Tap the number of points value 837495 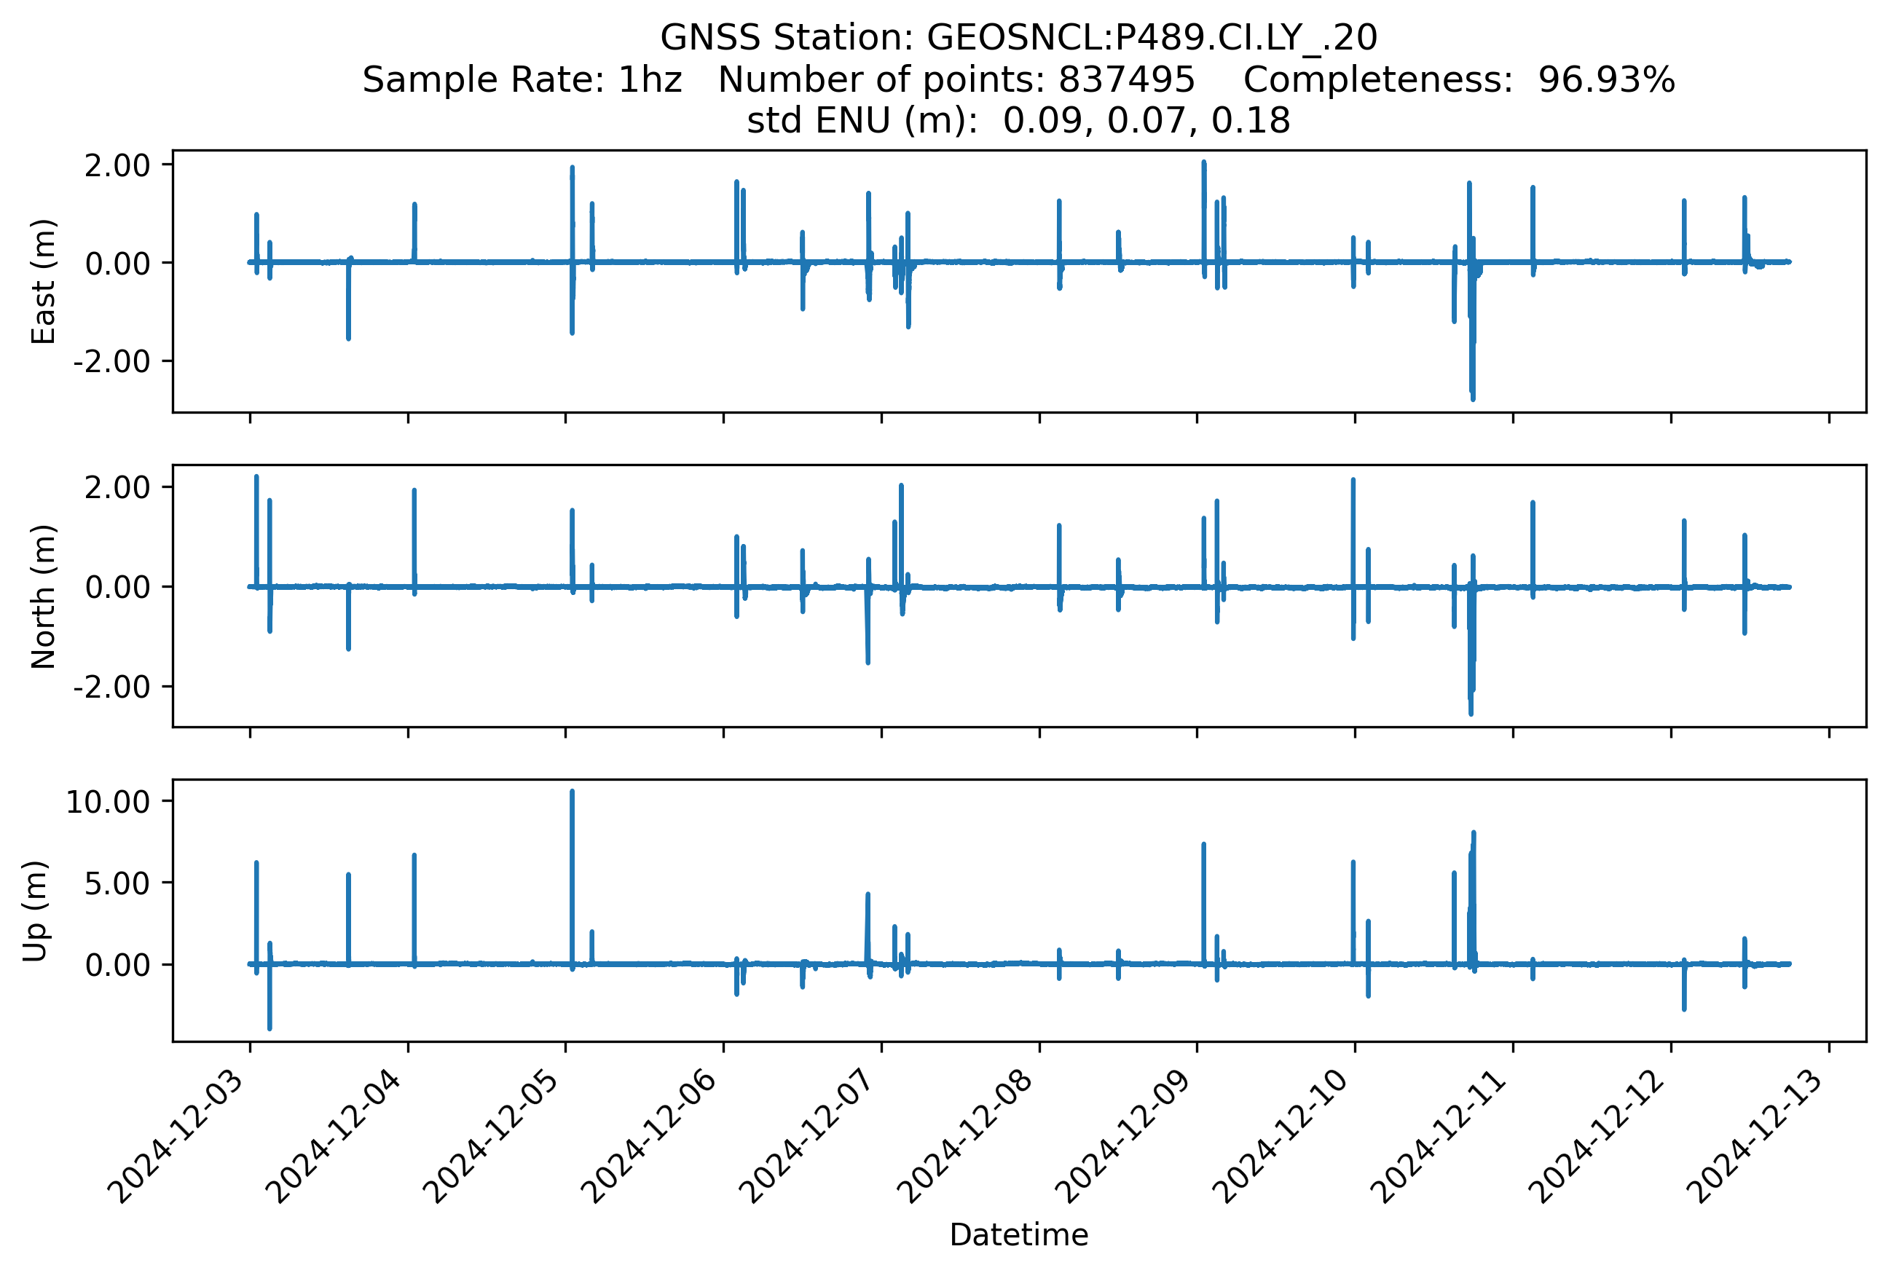[1126, 79]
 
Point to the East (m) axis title [43, 282]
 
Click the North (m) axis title [43, 596]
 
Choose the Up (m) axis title [35, 911]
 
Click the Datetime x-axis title [1018, 1235]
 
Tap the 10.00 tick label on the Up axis [107, 802]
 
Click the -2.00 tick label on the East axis [112, 361]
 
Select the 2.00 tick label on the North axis [117, 487]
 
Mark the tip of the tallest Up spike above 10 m [572, 791]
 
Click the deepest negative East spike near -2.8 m [1473, 399]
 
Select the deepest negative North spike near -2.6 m [1471, 714]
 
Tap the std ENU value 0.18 [1251, 121]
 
